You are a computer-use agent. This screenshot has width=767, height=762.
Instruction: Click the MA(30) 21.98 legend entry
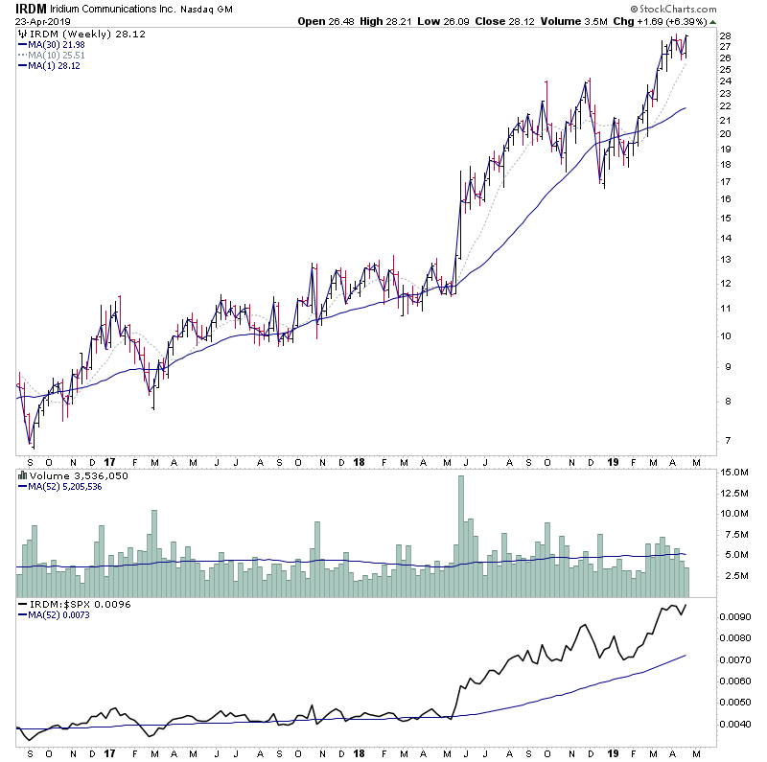click(58, 44)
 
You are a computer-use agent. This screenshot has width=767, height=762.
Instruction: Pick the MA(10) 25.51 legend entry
click(58, 55)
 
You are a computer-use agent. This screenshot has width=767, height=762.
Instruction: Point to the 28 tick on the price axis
click(726, 37)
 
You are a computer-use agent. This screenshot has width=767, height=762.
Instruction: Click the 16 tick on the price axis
click(726, 199)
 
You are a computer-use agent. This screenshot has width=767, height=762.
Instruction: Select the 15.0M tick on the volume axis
click(734, 473)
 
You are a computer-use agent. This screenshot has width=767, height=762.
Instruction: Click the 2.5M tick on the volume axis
click(733, 575)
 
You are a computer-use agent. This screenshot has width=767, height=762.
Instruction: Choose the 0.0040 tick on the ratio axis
click(738, 724)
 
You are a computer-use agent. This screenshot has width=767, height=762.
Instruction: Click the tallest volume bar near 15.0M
click(461, 527)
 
